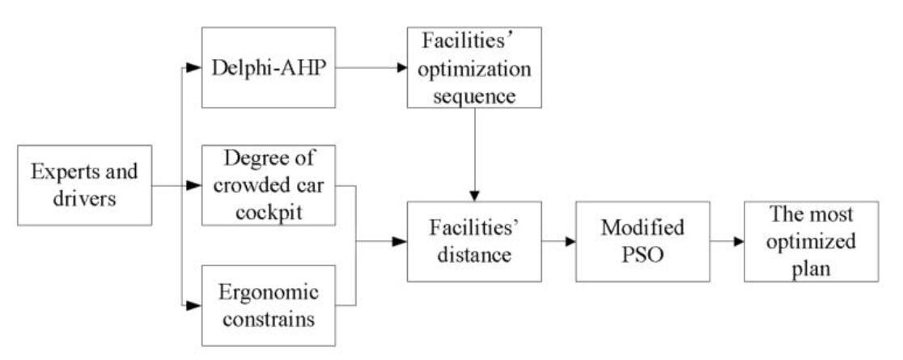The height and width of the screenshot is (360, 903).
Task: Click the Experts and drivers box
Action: [x=85, y=185]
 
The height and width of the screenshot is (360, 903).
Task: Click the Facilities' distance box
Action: [x=473, y=241]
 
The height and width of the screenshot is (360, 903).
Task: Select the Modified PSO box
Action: [x=642, y=241]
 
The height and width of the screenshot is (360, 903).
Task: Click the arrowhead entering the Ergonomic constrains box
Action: [x=193, y=305]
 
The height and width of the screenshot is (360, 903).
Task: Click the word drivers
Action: [x=85, y=197]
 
